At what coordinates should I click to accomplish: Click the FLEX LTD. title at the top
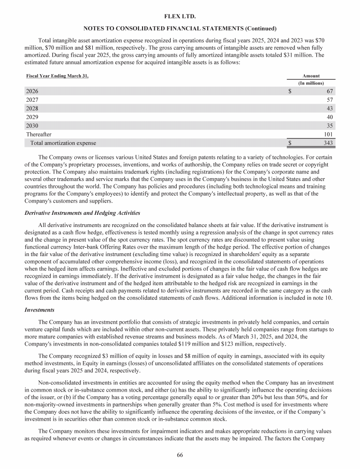point(180,16)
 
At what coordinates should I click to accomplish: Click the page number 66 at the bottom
point(180,455)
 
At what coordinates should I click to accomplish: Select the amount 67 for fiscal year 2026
point(330,91)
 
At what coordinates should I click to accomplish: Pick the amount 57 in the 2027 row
point(330,100)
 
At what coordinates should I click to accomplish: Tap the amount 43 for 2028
point(330,108)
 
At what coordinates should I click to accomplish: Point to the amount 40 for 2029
point(330,117)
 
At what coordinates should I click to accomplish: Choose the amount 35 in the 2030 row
point(330,125)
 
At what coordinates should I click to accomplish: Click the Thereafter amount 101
point(328,134)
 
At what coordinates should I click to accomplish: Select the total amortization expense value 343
point(328,143)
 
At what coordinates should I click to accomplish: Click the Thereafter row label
point(38,134)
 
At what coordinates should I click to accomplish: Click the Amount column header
point(311,76)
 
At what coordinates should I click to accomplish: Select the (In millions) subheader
point(311,83)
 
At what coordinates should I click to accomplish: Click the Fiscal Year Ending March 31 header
point(57,76)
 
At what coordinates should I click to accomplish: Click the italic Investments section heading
point(41,310)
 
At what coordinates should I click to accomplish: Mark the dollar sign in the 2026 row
point(290,91)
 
